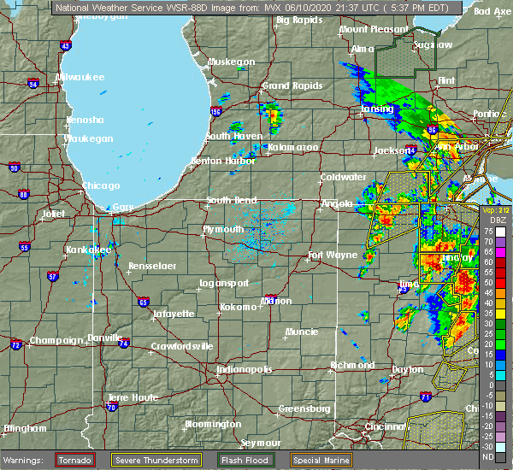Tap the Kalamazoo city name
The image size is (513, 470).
tap(292, 147)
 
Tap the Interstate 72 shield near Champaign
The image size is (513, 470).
tap(15, 344)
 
